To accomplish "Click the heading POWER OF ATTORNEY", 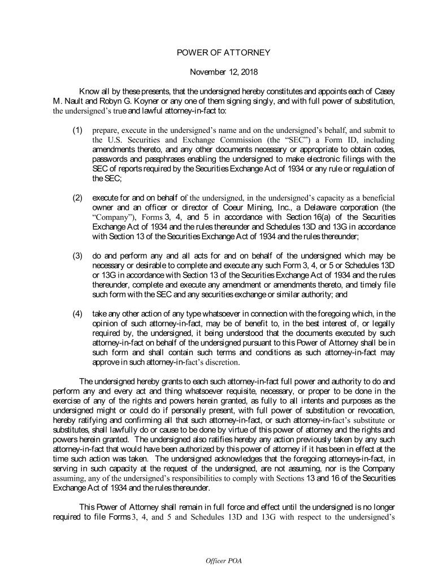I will (223, 53).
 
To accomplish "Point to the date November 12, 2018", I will (223, 72).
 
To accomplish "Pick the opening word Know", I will (91, 92).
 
